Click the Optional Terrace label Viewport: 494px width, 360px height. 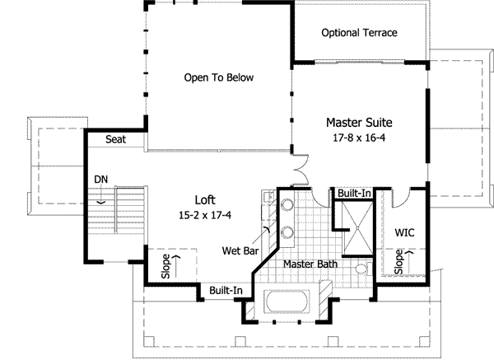tap(359, 33)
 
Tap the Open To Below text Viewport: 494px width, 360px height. tap(219, 77)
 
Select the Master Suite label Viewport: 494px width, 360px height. tap(359, 123)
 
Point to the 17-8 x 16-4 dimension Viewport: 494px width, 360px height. tap(359, 138)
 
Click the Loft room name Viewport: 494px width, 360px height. tap(205, 200)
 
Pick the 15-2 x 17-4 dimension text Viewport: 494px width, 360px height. tap(205, 215)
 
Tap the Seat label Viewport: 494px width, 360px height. tap(115, 139)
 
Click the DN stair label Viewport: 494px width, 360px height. tap(100, 180)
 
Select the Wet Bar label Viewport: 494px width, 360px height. tap(240, 251)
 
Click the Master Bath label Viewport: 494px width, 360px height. tap(310, 264)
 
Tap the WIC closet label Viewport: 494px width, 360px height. tap(404, 232)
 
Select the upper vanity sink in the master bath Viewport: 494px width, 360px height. tap(287, 205)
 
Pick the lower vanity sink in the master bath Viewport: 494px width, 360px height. tap(287, 232)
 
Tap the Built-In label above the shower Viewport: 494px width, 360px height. tap(354, 194)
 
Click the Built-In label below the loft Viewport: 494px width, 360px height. tap(226, 290)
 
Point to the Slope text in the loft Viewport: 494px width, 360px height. tap(165, 266)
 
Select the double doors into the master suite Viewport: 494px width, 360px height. tap(300, 171)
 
